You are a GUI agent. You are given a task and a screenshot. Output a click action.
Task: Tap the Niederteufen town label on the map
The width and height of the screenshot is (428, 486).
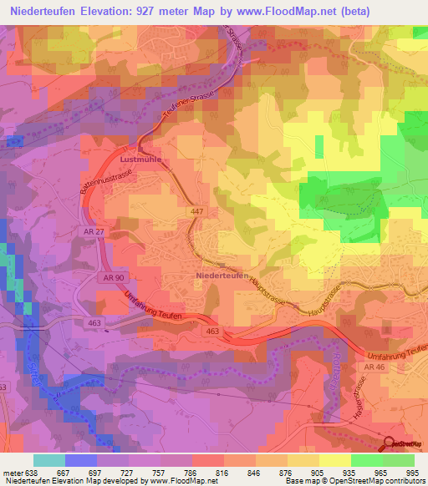point(222,275)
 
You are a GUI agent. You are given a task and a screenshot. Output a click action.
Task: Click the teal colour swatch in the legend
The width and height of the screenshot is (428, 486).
point(49,460)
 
